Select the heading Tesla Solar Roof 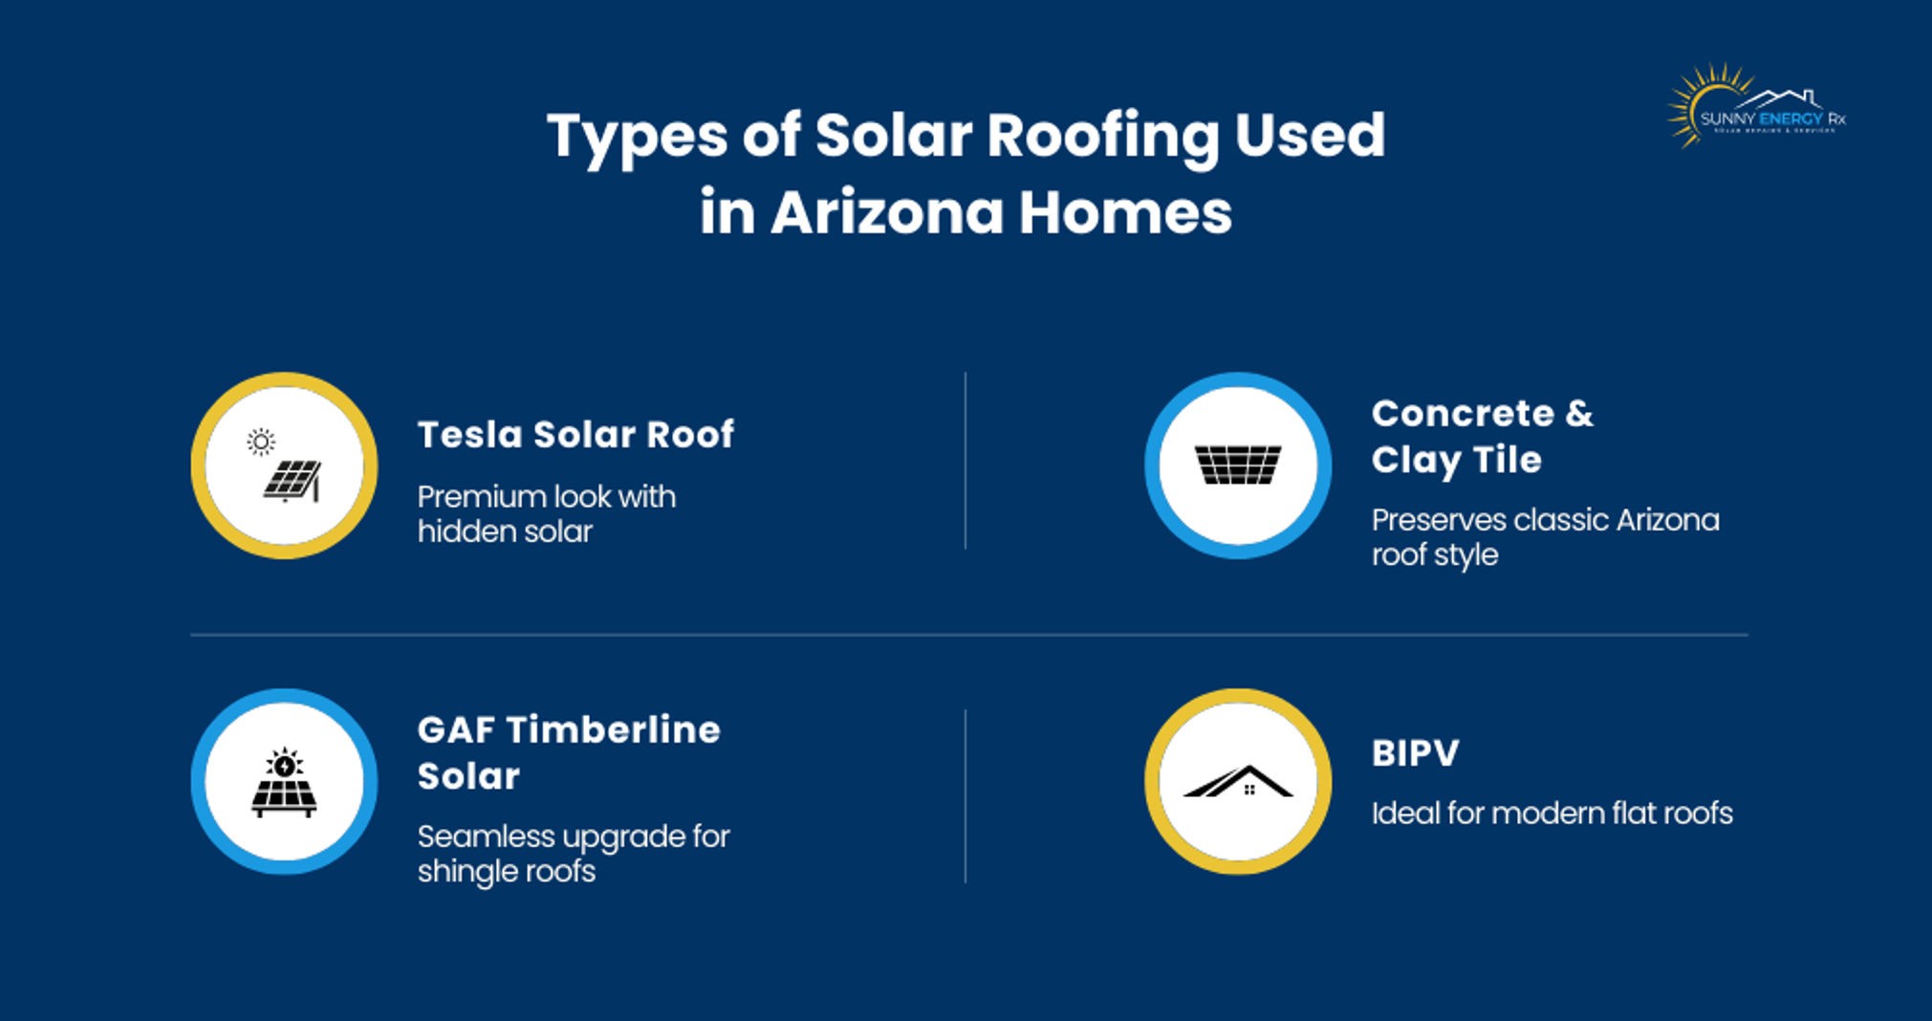click(575, 435)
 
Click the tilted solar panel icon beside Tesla click(293, 480)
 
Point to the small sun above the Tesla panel click(260, 442)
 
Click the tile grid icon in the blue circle click(1237, 465)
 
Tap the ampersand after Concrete click(1579, 414)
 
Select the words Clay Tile click(1456, 460)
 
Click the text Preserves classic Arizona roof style click(1544, 536)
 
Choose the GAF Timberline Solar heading click(568, 752)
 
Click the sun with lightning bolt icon click(284, 764)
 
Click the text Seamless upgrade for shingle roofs click(573, 853)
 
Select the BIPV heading click(1415, 753)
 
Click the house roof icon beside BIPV click(1237, 782)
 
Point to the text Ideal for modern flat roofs click(1552, 814)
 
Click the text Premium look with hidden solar click(546, 513)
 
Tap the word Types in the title click(636, 137)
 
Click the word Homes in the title click(1125, 212)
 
